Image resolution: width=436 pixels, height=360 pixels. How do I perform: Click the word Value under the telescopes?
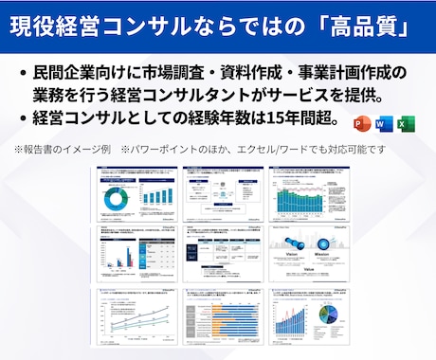309,270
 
